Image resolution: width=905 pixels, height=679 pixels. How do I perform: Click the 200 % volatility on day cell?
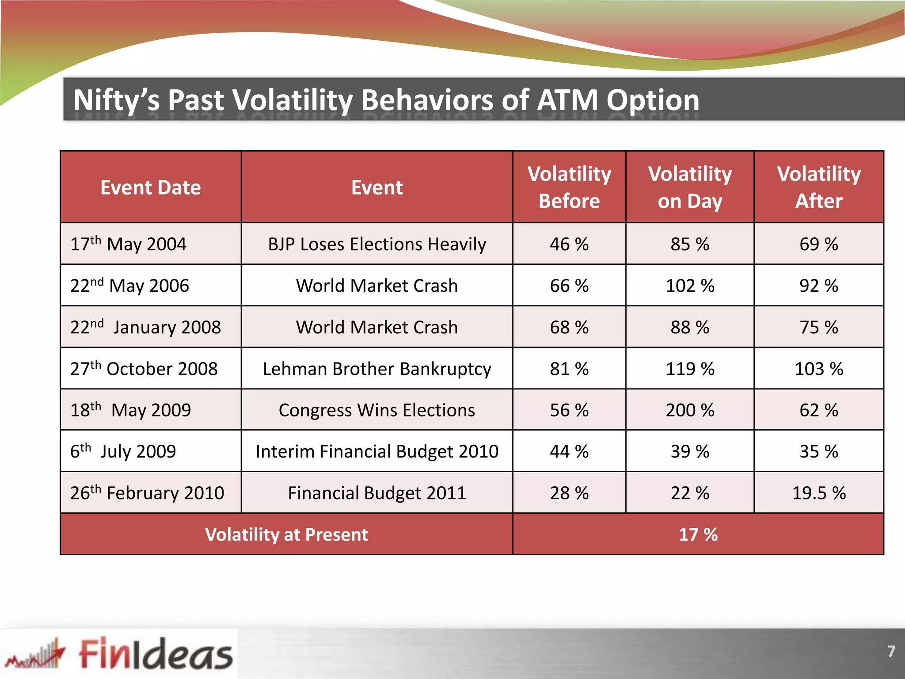690,410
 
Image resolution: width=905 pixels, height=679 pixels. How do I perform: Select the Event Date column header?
151,187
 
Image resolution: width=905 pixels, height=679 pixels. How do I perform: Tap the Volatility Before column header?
569,187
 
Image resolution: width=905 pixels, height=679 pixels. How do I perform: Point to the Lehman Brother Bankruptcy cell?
377,369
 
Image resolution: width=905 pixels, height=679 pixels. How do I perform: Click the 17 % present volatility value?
698,534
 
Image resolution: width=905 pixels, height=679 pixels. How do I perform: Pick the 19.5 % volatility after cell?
819,493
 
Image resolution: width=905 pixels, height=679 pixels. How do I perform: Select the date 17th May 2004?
129,244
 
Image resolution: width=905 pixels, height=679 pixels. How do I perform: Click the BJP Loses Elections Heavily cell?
377,244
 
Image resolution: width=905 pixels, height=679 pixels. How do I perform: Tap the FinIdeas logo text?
156,654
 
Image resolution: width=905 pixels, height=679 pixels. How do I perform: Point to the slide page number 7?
891,651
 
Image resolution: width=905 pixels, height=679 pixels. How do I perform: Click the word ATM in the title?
567,100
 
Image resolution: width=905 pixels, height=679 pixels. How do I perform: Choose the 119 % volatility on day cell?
690,369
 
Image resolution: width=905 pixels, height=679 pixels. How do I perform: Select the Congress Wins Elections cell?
377,410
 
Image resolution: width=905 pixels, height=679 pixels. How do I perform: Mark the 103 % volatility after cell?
819,369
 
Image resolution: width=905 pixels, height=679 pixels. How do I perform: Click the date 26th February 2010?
147,493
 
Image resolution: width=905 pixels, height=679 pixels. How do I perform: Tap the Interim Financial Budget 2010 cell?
377,451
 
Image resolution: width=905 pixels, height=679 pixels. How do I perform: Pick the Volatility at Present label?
286,534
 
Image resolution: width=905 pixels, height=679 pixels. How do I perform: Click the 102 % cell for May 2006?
690,286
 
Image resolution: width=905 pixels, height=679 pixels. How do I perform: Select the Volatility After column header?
819,187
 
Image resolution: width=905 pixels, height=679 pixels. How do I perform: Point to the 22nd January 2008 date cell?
145,327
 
